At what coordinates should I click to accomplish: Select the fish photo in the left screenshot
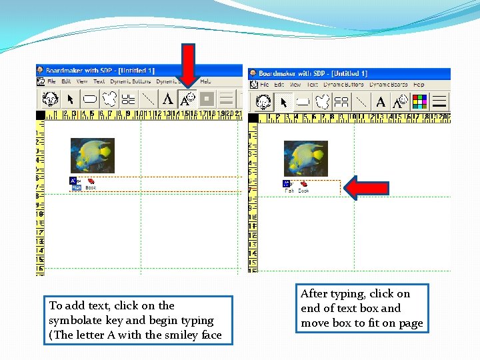[93, 155]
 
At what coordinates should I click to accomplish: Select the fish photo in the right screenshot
[305, 158]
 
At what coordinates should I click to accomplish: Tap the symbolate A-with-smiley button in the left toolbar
[188, 99]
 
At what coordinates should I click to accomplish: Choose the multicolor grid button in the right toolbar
[419, 102]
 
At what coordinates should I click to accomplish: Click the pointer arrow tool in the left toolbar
[70, 99]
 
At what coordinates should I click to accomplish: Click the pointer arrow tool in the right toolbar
[283, 102]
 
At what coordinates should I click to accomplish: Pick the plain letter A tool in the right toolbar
[381, 102]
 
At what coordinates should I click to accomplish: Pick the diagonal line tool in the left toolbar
[148, 99]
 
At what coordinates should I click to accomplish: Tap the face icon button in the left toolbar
[50, 99]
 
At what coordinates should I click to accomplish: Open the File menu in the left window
[51, 81]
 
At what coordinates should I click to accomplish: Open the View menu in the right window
[295, 85]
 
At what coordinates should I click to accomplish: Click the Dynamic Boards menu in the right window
[388, 85]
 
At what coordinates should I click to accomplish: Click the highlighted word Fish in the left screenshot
[76, 188]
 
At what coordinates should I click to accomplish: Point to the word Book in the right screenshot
[303, 191]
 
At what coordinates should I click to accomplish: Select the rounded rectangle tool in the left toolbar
[90, 99]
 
